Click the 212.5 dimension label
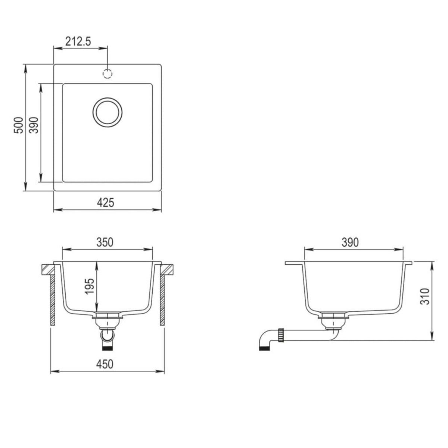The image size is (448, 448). click(78, 41)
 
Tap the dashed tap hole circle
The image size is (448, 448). click(108, 74)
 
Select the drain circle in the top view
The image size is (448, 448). click(107, 112)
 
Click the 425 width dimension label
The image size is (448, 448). click(105, 203)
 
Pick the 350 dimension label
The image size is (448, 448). click(105, 242)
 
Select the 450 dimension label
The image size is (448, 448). click(105, 364)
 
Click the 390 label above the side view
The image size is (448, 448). click(350, 242)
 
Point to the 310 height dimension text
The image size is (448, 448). click(425, 297)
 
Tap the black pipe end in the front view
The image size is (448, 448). click(108, 348)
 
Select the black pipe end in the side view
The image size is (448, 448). click(264, 349)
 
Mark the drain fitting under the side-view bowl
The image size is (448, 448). click(332, 320)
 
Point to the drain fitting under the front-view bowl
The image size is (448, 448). click(108, 320)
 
